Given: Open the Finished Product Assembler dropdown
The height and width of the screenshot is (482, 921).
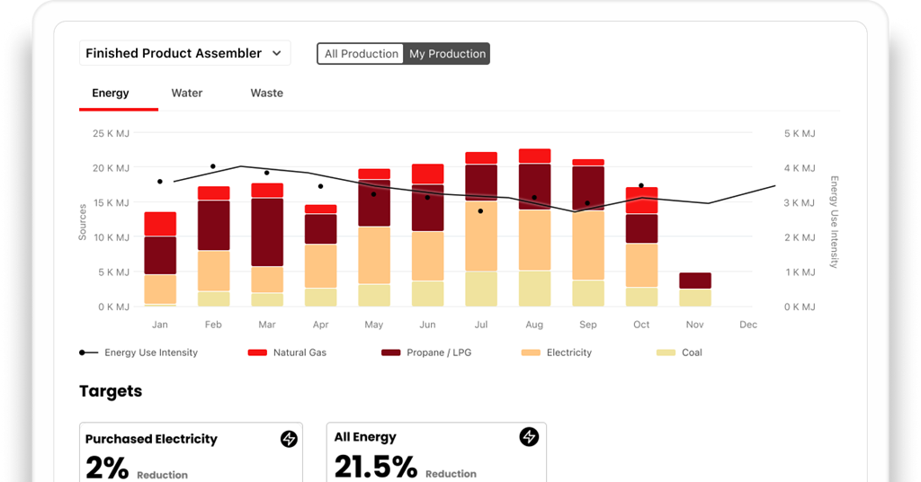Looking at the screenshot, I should click(x=184, y=53).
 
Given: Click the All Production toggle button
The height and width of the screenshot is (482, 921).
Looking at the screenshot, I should click(x=361, y=54).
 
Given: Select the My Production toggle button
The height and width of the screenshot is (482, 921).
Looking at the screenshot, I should click(x=447, y=54).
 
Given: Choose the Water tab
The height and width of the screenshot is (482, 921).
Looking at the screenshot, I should click(x=187, y=93).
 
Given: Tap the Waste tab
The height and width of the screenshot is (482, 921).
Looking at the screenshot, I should click(x=266, y=93).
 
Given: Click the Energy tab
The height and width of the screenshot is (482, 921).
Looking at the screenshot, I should click(x=111, y=93).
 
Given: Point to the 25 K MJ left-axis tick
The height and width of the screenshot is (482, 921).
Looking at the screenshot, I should click(x=112, y=133).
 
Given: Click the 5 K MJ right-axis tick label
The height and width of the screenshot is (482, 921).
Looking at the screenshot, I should click(x=799, y=133).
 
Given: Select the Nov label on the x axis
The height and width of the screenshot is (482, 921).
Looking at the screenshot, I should click(x=694, y=325).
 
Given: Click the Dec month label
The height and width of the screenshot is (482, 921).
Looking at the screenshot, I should click(x=747, y=325).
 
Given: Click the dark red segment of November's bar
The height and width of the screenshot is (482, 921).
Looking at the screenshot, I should click(x=695, y=281).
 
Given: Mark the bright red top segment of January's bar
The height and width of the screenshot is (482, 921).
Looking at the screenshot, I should click(x=160, y=224).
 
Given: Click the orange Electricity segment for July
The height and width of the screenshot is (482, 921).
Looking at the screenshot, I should click(x=481, y=236).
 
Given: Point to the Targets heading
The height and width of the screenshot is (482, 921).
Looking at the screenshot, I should click(x=111, y=391).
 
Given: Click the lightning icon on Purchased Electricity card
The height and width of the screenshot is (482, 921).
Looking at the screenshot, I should click(x=288, y=439).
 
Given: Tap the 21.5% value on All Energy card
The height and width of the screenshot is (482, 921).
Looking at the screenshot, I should click(x=376, y=467).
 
